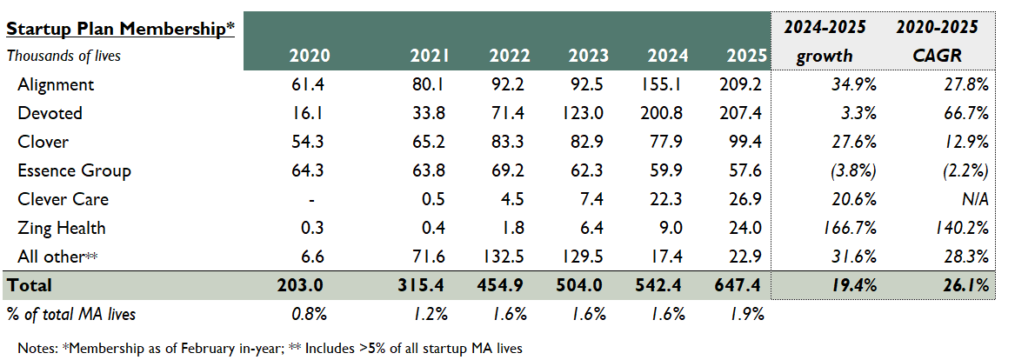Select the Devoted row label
coord(50,113)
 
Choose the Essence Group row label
coord(74,170)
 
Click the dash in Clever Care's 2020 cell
coord(311,199)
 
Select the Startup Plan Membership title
coord(121,29)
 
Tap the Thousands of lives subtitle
coord(63,56)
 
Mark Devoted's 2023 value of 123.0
coord(588,113)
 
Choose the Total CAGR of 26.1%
coord(967,285)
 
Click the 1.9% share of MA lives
coord(750,314)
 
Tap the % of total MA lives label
coord(71,314)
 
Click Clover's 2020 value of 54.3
coord(311,142)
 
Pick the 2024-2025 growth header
coord(825,41)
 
